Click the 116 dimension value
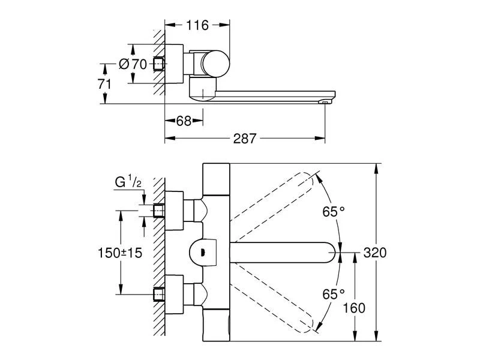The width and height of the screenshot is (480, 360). coord(196,25)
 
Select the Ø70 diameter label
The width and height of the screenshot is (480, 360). coord(133,64)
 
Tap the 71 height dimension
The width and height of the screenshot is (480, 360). coord(104,83)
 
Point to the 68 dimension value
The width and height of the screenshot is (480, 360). coord(184,121)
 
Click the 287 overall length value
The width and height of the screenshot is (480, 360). coord(245,139)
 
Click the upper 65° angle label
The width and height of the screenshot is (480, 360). coord(334,211)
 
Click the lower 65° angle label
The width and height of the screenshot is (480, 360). coord(334,294)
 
